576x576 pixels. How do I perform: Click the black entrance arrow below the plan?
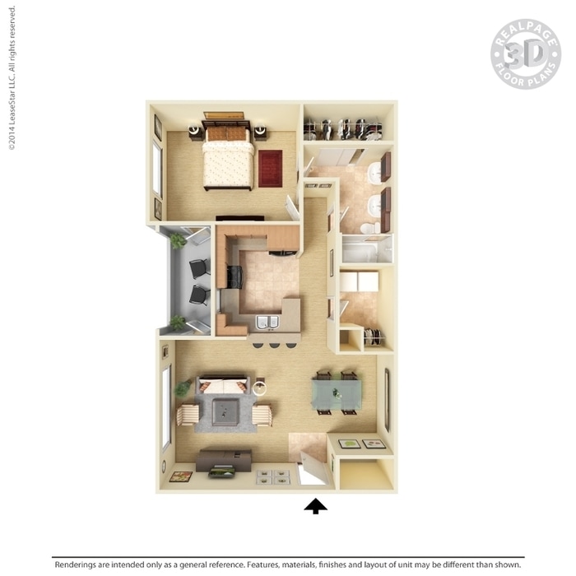315,506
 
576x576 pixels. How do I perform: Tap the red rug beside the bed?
271,169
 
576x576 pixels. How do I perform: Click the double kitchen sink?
267,323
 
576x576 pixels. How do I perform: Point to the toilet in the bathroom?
371,228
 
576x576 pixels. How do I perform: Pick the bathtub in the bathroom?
360,249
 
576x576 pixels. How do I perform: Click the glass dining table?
337,395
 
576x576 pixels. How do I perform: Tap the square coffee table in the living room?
225,411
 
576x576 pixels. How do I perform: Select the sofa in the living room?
223,385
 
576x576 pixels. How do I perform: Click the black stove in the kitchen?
235,277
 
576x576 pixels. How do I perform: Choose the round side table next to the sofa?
260,388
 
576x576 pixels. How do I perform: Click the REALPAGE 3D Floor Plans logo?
526,54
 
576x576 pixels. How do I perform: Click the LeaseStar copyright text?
12,78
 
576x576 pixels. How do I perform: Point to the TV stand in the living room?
223,460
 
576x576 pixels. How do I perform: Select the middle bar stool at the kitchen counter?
274,345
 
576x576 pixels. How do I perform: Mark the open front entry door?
314,467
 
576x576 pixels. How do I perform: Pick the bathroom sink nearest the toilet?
375,203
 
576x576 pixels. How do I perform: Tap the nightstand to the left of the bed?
195,132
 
